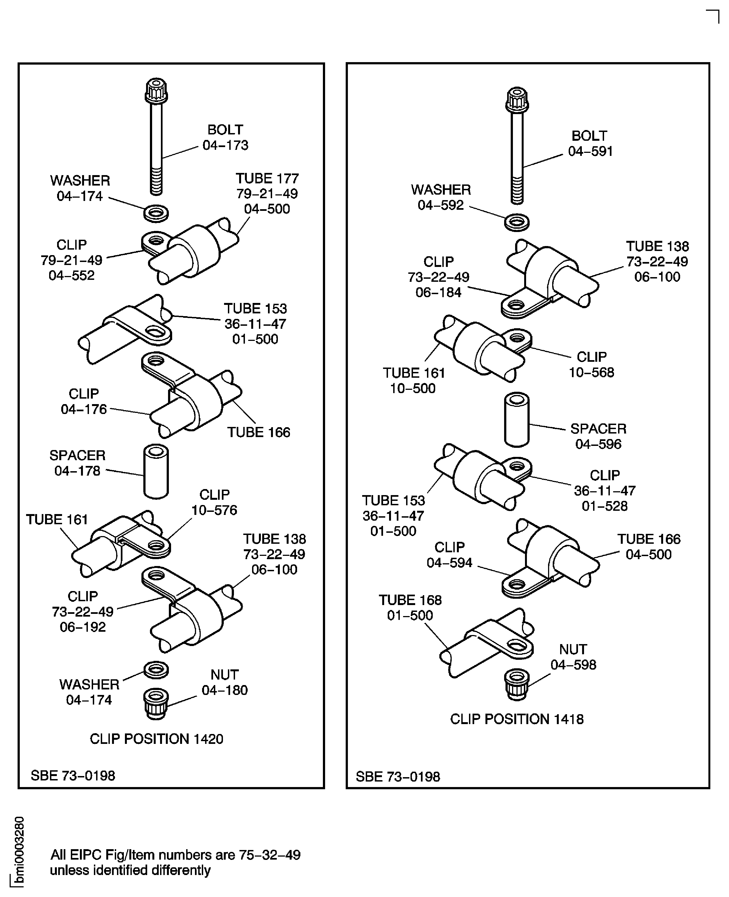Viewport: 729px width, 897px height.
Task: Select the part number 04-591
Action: tap(590, 151)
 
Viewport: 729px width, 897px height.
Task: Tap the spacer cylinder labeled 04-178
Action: tap(156, 472)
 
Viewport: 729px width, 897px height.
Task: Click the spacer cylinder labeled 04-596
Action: tap(516, 419)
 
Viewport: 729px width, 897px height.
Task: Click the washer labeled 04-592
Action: tap(516, 222)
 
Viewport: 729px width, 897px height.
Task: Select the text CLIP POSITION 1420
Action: tap(156, 739)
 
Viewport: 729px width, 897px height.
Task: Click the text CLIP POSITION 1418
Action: tap(516, 719)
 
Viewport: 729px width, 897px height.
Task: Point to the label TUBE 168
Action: tap(410, 600)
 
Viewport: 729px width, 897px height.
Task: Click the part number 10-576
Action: tap(214, 510)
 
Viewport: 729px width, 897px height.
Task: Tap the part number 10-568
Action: tap(591, 372)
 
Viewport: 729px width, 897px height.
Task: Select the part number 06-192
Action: tap(83, 627)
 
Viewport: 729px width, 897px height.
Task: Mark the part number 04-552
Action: tap(71, 275)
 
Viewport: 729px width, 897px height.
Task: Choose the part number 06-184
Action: tap(438, 292)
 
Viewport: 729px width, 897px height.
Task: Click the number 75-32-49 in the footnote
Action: tap(270, 855)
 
